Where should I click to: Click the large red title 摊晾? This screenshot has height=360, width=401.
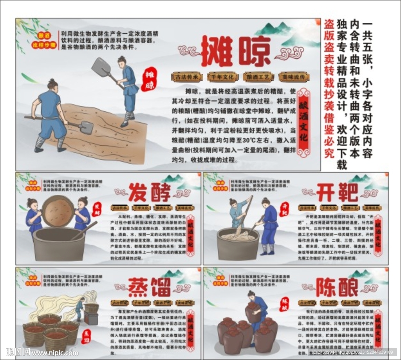coord(236,51)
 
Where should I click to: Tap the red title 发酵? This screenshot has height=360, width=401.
coord(150,192)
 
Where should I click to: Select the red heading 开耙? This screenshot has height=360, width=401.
coord(337,192)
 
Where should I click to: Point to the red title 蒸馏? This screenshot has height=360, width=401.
coord(150,288)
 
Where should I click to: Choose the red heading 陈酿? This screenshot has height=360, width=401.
coord(337,288)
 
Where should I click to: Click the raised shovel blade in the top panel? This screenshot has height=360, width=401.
coord(101,67)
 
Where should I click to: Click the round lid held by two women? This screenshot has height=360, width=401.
coord(58,211)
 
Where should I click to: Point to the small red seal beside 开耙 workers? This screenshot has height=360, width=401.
coord(285,210)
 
